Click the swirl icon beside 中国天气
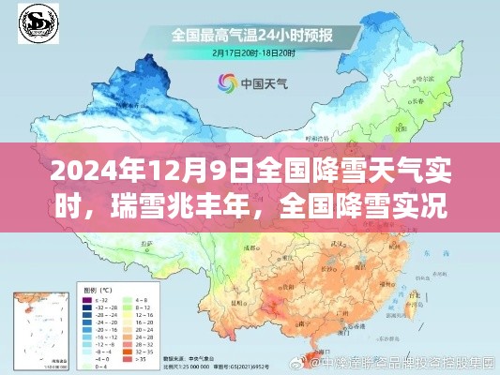[226, 83]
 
